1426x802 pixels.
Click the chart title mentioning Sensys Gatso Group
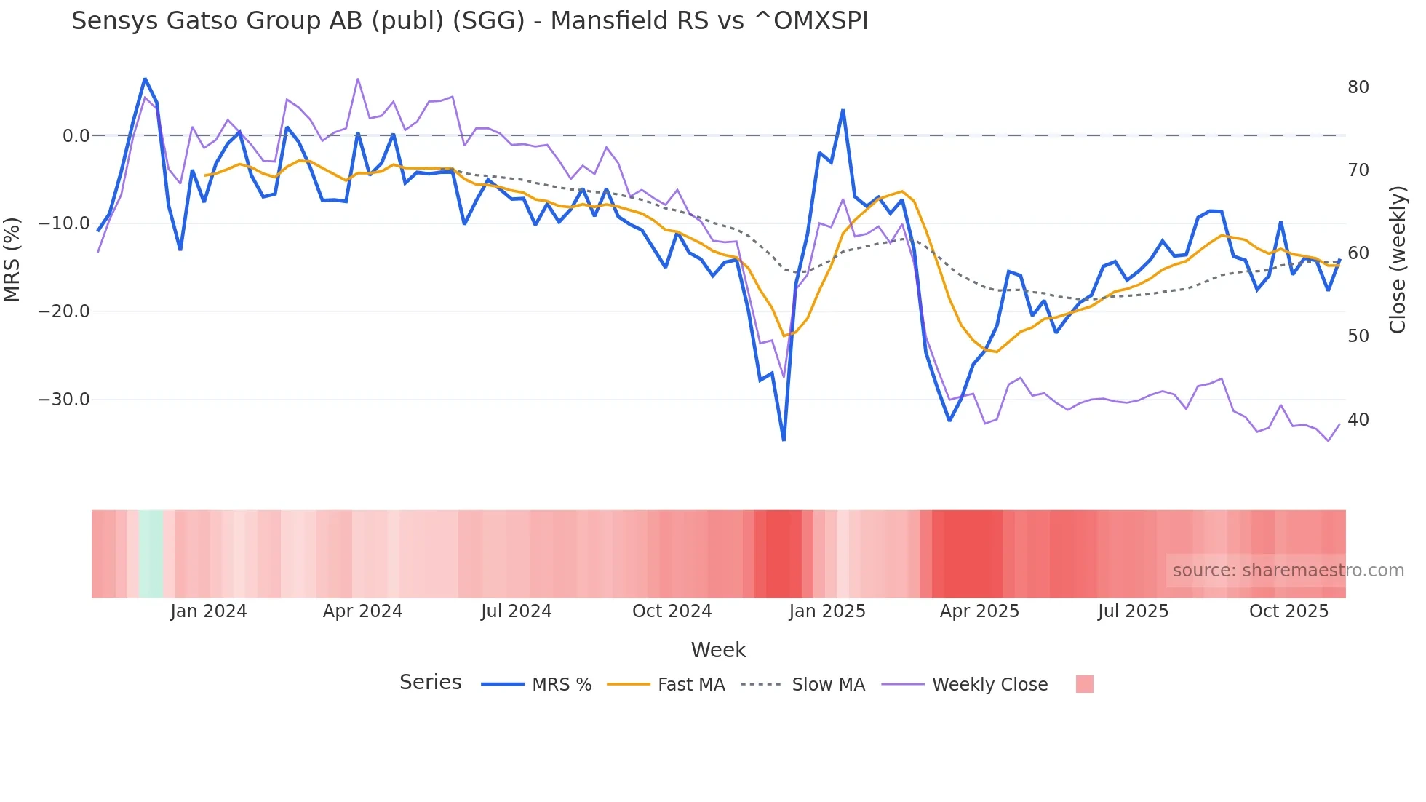pos(469,21)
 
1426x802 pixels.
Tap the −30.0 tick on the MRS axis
pos(64,400)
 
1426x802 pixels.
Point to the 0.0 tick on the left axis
pos(76,136)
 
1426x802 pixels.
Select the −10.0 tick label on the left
pos(64,223)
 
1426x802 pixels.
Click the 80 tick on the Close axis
pos(1358,87)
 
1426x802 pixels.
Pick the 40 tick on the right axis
pos(1358,420)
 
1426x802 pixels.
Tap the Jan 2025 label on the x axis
pos(827,611)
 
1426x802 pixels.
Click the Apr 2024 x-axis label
pos(362,611)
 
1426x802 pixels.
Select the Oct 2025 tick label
pos(1288,611)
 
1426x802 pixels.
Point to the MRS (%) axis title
pos(12,259)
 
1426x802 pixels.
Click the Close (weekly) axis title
pos(1398,260)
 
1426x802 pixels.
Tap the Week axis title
pos(718,650)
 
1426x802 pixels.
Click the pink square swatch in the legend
pos(1084,684)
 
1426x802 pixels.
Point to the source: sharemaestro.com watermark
pos(1288,571)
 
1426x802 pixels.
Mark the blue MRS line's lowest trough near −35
pos(784,440)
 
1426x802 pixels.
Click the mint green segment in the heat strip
pos(151,554)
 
